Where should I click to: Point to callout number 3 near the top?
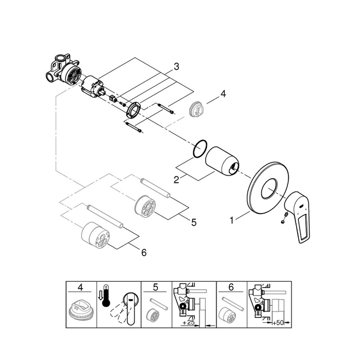click(177, 67)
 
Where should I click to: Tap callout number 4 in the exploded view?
click(223, 94)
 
